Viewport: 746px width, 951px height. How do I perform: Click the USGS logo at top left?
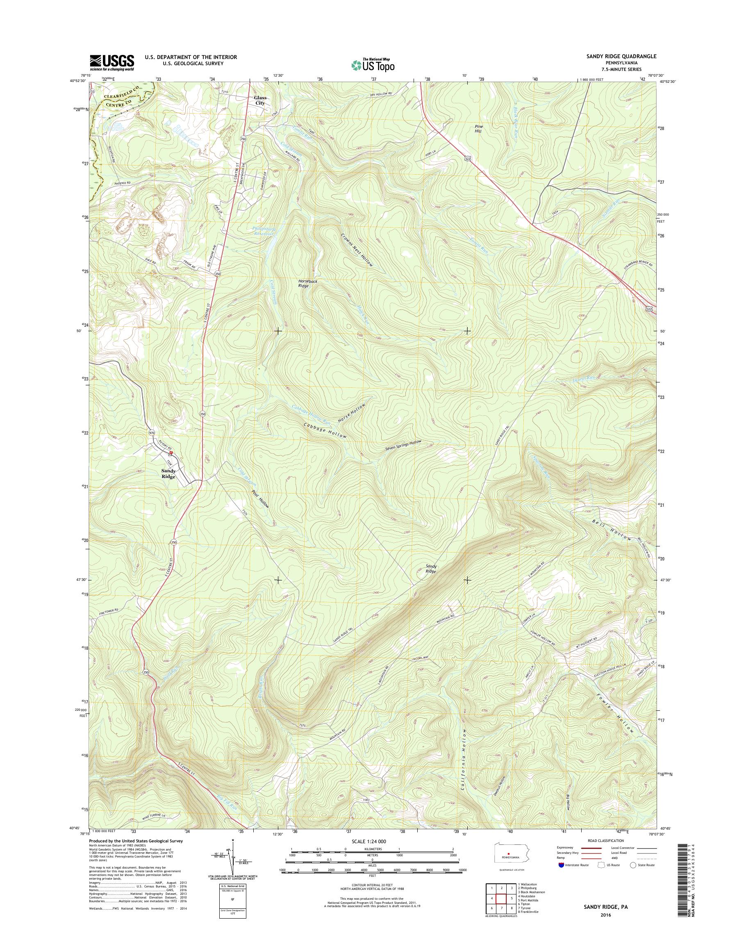[x=112, y=63]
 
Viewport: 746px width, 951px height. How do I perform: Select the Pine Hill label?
[x=479, y=128]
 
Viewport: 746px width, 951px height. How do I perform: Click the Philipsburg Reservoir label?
[x=262, y=231]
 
